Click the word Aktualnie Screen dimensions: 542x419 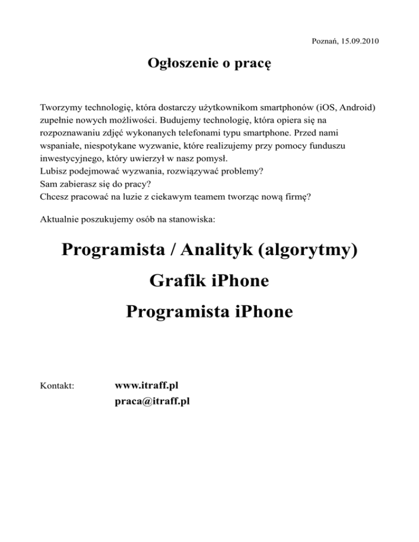click(61, 220)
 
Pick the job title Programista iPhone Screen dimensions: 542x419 click(209, 312)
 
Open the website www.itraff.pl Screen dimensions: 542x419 click(147, 386)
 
